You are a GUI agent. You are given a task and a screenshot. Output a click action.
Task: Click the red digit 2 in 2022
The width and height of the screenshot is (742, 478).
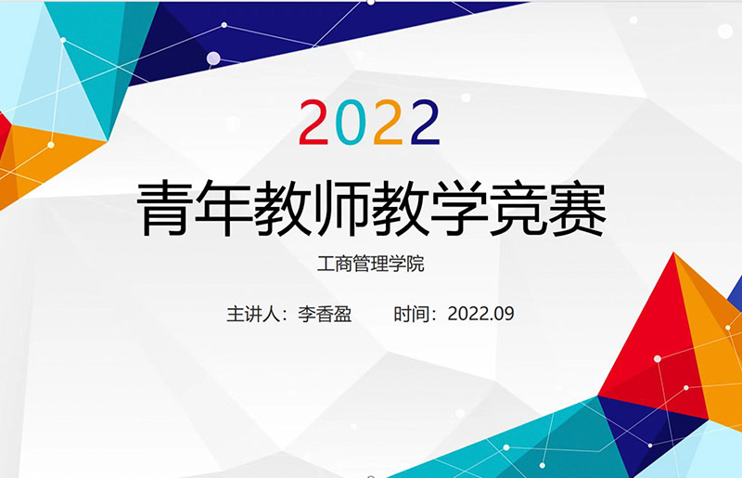(x=313, y=122)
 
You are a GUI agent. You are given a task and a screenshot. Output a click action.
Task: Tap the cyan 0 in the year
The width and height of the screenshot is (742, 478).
(x=351, y=122)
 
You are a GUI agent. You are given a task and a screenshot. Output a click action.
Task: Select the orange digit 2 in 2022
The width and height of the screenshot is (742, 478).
(x=388, y=122)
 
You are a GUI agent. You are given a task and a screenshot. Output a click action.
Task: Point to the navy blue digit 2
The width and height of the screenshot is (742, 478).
(x=426, y=122)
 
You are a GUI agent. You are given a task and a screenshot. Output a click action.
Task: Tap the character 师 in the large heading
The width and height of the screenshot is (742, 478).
(x=342, y=208)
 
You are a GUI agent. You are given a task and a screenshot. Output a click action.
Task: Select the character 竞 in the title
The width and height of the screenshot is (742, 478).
(x=519, y=208)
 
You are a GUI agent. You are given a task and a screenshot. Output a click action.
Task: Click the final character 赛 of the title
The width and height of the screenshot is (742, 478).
(x=578, y=208)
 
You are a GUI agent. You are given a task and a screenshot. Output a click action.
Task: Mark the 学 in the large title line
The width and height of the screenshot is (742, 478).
(x=460, y=208)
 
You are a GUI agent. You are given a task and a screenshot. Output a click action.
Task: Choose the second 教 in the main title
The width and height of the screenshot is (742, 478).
(x=402, y=208)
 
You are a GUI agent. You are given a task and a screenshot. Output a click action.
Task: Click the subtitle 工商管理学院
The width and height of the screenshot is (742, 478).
(x=370, y=264)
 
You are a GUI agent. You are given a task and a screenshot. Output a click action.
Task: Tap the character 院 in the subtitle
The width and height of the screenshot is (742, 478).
(x=416, y=264)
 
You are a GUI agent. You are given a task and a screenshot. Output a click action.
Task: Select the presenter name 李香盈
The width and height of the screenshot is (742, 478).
(x=326, y=314)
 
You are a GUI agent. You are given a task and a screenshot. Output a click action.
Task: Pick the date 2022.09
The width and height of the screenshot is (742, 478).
(x=480, y=314)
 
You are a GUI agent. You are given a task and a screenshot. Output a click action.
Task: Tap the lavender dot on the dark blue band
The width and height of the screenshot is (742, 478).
(x=213, y=58)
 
